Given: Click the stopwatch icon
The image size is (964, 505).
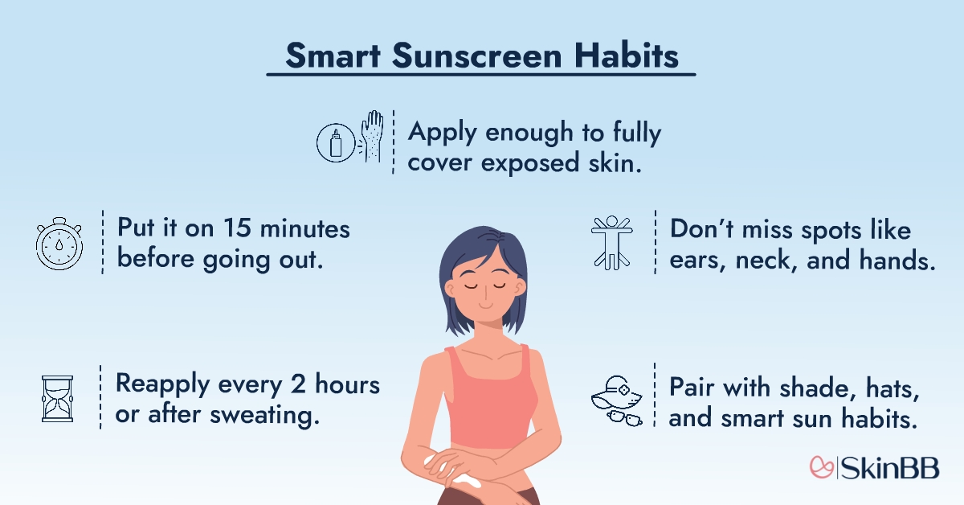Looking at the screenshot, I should tap(59, 241).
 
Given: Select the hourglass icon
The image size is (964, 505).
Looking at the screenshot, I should tap(57, 397).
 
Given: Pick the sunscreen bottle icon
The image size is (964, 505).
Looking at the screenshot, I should tap(336, 144).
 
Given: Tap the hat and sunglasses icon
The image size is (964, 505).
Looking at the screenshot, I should tap(615, 398).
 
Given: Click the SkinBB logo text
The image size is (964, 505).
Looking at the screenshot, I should tap(894, 467).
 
